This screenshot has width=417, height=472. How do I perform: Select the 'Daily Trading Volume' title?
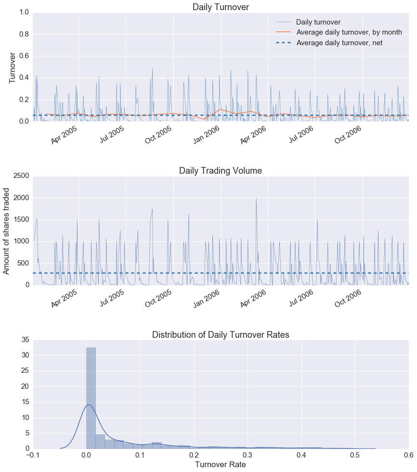click(221, 171)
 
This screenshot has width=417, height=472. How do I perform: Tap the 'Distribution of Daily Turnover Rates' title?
click(221, 335)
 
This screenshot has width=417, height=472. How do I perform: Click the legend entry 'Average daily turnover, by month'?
click(349, 32)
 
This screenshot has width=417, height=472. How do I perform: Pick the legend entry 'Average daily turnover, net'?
click(339, 43)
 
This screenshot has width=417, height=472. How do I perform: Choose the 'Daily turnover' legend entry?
click(318, 22)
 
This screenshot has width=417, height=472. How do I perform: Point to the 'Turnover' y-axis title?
click(13, 67)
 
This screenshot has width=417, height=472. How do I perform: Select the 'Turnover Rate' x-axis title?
click(221, 465)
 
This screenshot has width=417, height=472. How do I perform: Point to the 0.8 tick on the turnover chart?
click(22, 35)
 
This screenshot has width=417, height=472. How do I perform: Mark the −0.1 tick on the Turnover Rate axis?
click(32, 455)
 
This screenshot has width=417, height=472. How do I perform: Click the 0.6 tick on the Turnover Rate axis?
click(408, 455)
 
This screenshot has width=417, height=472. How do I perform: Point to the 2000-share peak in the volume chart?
click(256, 198)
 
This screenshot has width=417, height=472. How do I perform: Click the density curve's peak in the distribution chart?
click(89, 405)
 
